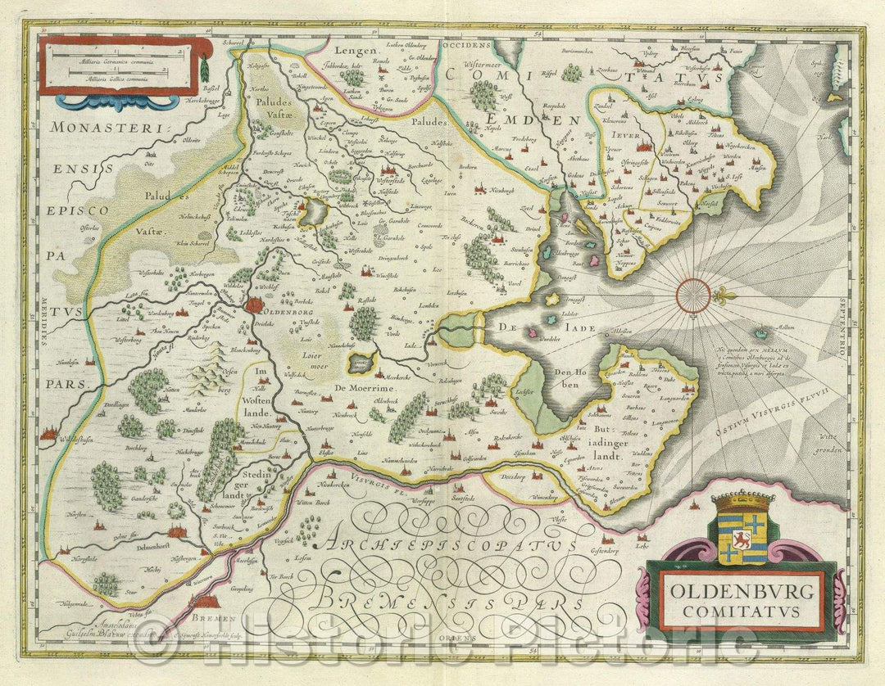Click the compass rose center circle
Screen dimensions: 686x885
tap(694, 295)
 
